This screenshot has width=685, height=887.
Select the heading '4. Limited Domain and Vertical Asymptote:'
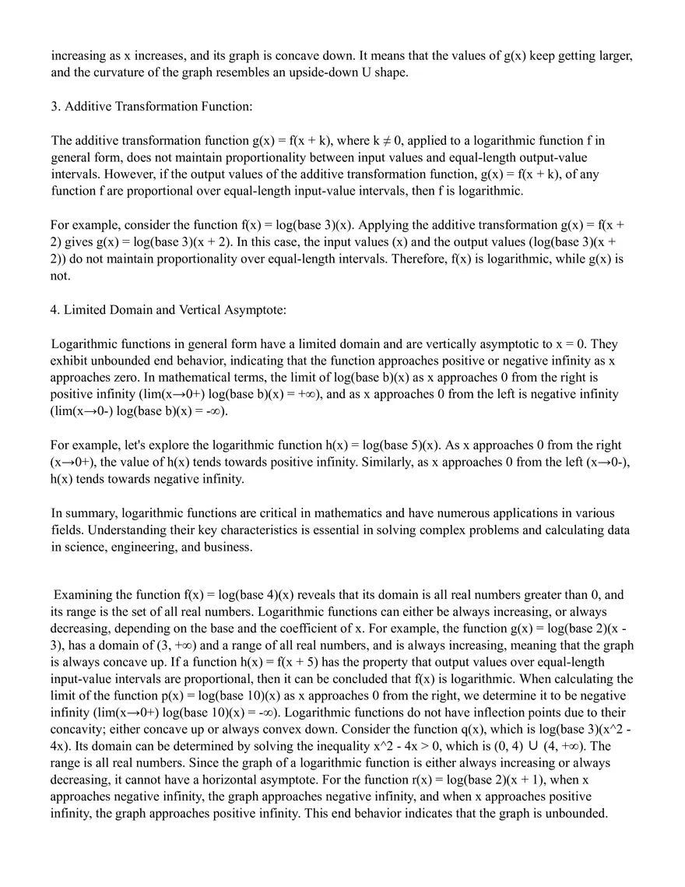pyautogui.click(x=169, y=310)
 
